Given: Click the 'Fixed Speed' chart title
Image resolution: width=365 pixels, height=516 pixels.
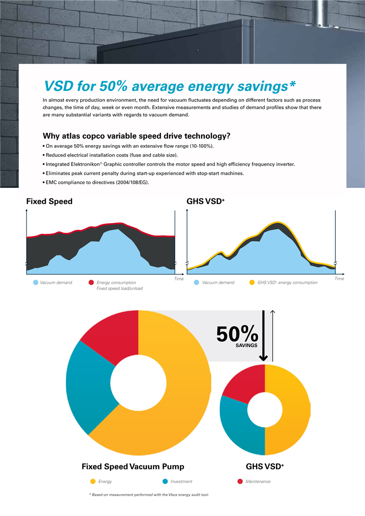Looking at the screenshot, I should [x=49, y=201].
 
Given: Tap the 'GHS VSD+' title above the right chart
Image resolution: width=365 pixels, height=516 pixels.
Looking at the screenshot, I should [x=206, y=201].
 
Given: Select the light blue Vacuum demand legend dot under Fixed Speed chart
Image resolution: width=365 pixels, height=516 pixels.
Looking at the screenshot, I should [x=36, y=282].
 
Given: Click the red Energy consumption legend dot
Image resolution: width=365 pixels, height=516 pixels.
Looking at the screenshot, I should [x=91, y=282].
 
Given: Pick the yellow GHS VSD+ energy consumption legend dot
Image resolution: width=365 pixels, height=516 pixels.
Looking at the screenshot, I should [x=252, y=282].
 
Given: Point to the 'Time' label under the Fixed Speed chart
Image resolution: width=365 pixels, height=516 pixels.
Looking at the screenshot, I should [x=179, y=279].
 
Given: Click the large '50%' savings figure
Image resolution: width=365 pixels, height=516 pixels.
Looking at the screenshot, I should [x=237, y=334].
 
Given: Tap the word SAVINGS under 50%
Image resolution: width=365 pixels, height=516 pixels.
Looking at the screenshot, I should [x=246, y=346].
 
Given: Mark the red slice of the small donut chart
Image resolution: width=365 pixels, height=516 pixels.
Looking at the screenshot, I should [x=246, y=383].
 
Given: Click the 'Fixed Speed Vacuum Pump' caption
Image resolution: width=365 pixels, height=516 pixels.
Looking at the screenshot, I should [x=133, y=467].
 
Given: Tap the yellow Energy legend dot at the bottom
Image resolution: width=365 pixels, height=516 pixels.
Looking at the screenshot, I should [x=93, y=481].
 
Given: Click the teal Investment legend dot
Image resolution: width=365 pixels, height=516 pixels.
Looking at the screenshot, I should [x=165, y=481].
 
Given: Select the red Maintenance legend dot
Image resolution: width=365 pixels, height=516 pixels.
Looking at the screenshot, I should [x=240, y=481].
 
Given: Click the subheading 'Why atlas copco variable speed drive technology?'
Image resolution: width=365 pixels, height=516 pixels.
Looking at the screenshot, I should [x=136, y=136].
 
